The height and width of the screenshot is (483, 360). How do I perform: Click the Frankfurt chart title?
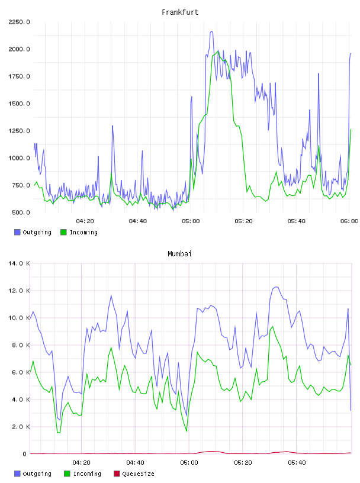pyautogui.click(x=180, y=12)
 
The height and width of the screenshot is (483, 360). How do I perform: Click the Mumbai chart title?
pyautogui.click(x=179, y=254)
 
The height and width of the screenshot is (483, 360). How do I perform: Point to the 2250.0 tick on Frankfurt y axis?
pyautogui.click(x=19, y=22)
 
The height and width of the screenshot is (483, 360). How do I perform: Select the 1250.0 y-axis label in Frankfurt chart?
pyautogui.click(x=19, y=131)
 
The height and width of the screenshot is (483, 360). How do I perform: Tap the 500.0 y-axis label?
pyautogui.click(x=21, y=212)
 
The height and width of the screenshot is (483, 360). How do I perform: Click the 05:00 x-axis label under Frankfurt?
pyautogui.click(x=191, y=221)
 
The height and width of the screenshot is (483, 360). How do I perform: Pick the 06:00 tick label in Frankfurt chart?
pyautogui.click(x=349, y=221)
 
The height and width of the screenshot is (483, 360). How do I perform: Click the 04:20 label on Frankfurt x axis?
pyautogui.click(x=85, y=221)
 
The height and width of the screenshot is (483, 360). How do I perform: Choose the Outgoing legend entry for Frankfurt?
pyautogui.click(x=33, y=232)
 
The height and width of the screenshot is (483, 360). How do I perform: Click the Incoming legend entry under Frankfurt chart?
pyautogui.click(x=79, y=232)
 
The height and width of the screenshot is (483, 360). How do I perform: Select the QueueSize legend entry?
pyautogui.click(x=134, y=474)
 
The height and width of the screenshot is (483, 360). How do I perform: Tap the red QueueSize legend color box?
pyautogui.click(x=117, y=474)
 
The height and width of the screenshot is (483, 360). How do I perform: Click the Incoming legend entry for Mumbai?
pyautogui.click(x=83, y=474)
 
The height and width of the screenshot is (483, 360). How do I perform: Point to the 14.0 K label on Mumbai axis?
pyautogui.click(x=19, y=263)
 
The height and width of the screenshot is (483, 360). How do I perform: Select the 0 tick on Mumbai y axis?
pyautogui.click(x=25, y=454)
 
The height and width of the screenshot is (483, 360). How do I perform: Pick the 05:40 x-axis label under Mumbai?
pyautogui.click(x=297, y=463)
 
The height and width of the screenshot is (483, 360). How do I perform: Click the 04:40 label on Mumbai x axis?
pyautogui.click(x=136, y=463)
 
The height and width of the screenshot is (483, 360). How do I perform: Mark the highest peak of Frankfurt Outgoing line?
pyautogui.click(x=211, y=31)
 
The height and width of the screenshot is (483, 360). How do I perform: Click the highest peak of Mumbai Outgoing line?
pyautogui.click(x=277, y=286)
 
